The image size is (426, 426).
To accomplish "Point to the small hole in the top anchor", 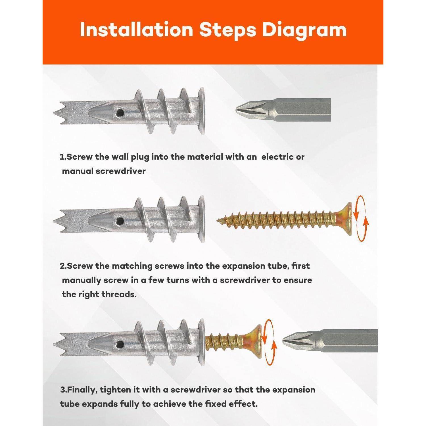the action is (x=119, y=113).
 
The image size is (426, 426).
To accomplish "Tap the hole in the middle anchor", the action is (x=120, y=220).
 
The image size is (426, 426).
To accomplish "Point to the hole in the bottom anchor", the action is (x=119, y=344).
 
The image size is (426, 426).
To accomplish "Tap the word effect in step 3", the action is (x=244, y=404).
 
